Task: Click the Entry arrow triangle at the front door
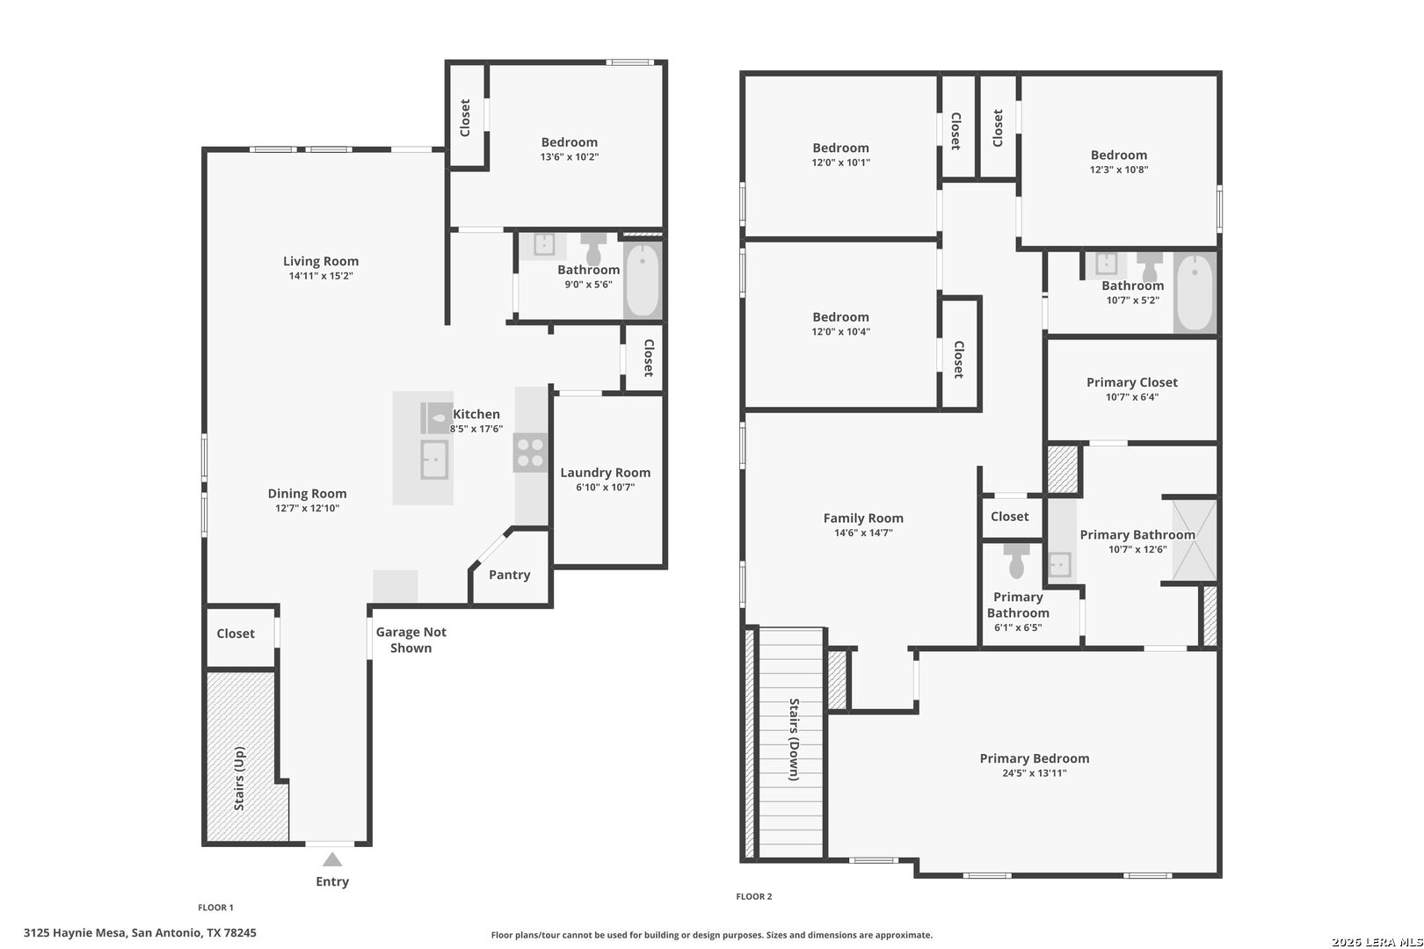[332, 859]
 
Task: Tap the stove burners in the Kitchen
[530, 453]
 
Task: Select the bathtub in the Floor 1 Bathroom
[643, 279]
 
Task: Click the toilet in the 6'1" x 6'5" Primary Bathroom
[1017, 561]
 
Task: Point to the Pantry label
[510, 575]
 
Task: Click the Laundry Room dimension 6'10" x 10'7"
[606, 487]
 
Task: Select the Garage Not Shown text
[410, 640]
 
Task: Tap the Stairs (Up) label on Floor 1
[239, 779]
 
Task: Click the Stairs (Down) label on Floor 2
[794, 739]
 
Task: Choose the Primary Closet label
[1131, 382]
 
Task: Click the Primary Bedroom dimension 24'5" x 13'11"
[1034, 773]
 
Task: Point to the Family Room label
[863, 518]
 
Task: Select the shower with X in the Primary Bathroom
[1191, 540]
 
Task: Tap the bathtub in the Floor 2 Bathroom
[1195, 293]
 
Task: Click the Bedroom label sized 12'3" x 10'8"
[1118, 156]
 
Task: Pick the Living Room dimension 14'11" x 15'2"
[321, 276]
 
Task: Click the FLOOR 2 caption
[753, 896]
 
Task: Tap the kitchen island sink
[434, 460]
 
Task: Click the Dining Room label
[307, 494]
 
